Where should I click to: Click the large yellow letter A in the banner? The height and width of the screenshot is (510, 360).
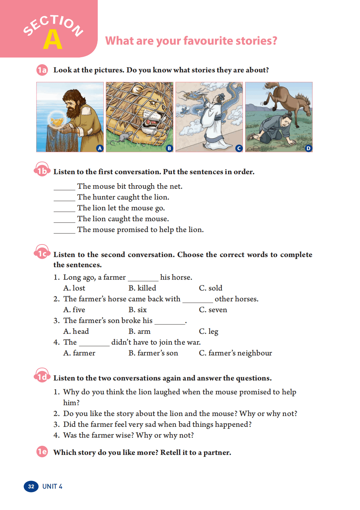53,40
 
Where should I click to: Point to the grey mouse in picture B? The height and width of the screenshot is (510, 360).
125,136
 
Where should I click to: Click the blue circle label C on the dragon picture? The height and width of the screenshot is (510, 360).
239,148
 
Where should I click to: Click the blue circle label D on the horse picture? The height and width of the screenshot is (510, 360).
308,148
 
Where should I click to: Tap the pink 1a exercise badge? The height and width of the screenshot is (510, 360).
42,70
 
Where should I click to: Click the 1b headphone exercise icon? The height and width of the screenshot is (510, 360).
42,170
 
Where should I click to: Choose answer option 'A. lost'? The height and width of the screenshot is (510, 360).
74,288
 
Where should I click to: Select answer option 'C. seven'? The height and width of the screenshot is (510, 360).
213,310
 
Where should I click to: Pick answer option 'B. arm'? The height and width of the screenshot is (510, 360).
140,331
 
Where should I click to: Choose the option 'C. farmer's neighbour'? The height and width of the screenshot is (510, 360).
235,353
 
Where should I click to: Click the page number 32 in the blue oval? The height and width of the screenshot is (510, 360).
31,486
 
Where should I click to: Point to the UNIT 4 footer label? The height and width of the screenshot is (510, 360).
52,486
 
